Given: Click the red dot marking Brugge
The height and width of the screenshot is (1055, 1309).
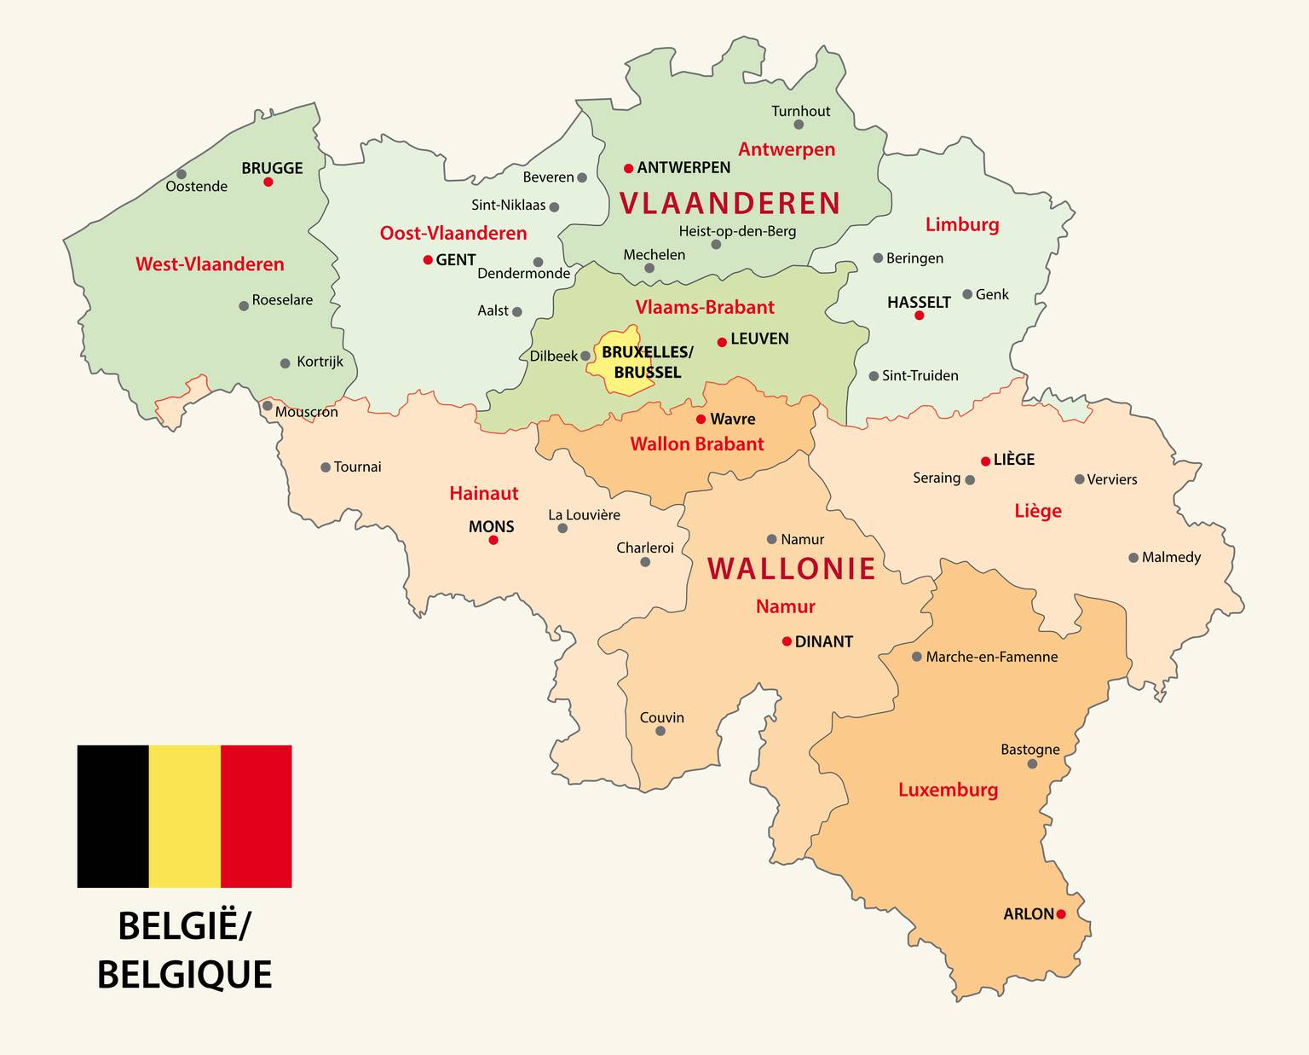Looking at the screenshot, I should pos(268,182).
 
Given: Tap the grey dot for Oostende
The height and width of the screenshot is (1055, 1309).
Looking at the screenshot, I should pos(182,174).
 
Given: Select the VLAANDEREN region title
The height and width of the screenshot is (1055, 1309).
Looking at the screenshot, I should pos(729,204).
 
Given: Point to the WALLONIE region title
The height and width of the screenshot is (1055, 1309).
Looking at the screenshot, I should pos(792,569).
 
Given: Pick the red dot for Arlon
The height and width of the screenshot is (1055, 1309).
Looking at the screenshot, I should pos(1061,914).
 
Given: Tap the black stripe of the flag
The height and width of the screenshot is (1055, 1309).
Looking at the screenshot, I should pos(112,816).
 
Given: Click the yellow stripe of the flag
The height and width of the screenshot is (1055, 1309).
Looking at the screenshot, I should pos(185,816).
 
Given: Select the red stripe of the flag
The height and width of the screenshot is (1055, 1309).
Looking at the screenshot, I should pos(257,816).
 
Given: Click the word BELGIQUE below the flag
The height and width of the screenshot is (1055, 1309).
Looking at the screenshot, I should pos(184,975).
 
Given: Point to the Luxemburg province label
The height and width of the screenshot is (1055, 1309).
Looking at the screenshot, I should pos(948,790).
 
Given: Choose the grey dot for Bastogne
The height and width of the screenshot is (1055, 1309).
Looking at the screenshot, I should pos(1032,764).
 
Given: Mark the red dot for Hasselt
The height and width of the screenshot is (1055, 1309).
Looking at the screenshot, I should pos(919,316).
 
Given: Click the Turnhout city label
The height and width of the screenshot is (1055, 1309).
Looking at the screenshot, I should pos(800,111).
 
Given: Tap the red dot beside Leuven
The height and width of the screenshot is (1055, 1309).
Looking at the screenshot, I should pos(722,342).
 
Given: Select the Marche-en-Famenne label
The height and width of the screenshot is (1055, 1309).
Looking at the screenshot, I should pos(991,657).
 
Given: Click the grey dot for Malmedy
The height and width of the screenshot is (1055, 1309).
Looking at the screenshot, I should pos(1133,558).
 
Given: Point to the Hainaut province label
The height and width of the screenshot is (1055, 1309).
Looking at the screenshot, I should pos(483,493).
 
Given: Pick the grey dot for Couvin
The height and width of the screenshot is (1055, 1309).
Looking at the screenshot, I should pos(660,731).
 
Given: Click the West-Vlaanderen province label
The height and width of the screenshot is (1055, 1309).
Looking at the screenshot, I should pos(210,264).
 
